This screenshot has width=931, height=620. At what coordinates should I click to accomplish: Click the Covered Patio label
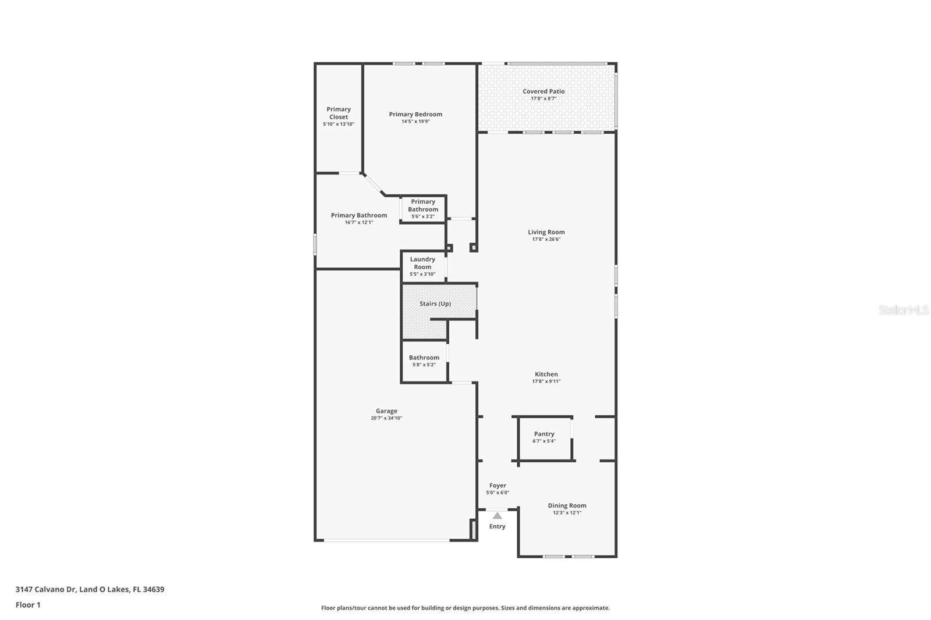[x=543, y=91]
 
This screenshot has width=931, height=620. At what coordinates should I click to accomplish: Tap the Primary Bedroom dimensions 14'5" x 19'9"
[x=415, y=122]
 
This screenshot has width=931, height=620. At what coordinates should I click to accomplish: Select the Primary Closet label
[x=339, y=113]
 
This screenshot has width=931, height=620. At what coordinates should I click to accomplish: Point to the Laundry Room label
[x=422, y=263]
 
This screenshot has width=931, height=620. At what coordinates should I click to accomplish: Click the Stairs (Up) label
[x=435, y=304]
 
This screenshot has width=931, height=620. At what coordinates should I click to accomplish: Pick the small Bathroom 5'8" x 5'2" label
[x=424, y=360]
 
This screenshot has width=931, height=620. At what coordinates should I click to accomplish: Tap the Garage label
[x=386, y=411]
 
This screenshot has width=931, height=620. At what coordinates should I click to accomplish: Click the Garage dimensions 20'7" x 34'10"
[x=386, y=418]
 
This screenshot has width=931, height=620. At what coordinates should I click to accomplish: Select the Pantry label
[x=544, y=434]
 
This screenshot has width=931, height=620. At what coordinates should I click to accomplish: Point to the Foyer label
[x=498, y=486]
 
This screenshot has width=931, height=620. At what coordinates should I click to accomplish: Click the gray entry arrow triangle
[x=498, y=516]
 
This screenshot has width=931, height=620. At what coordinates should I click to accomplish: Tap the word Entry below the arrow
[x=498, y=526]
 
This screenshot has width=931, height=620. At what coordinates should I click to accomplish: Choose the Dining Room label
[x=567, y=505]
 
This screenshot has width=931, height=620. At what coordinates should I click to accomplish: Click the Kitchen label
[x=546, y=374]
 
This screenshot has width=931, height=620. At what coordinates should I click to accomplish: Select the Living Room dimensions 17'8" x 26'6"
[x=546, y=240]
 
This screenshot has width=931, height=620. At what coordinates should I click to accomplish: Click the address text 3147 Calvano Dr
[x=46, y=589]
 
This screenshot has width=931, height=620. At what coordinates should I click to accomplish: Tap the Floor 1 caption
[x=29, y=605]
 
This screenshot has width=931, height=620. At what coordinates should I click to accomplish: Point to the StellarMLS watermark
[x=904, y=310]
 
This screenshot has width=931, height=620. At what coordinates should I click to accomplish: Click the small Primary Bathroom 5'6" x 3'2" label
[x=423, y=209]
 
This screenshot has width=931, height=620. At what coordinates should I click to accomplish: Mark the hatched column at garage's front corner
[x=473, y=529]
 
